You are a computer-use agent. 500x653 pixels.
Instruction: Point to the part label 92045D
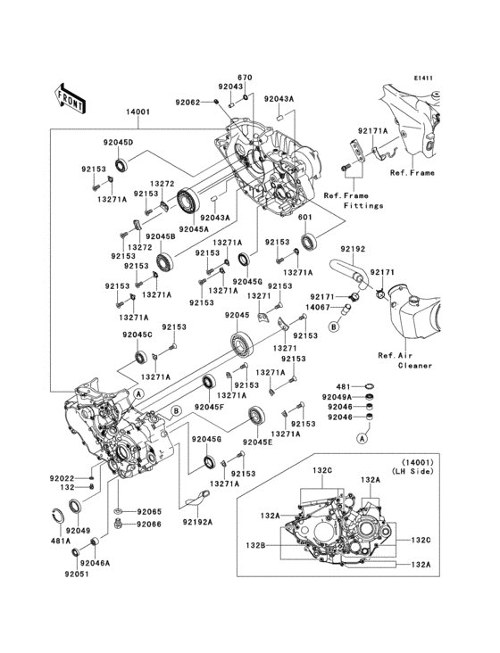pyautogui.click(x=118, y=143)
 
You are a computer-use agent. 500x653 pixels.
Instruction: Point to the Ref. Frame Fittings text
pyautogui.click(x=353, y=201)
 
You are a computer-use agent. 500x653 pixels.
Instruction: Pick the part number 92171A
pyautogui.click(x=373, y=132)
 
